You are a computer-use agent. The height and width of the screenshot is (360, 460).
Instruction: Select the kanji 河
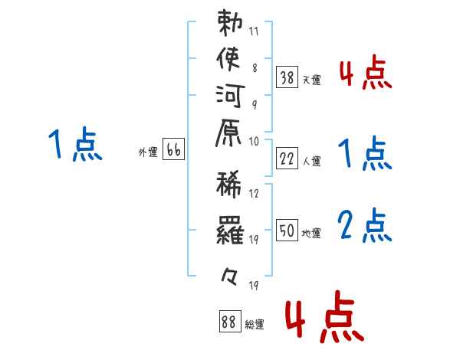tap(230, 96)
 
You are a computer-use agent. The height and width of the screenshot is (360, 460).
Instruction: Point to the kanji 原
tap(228, 133)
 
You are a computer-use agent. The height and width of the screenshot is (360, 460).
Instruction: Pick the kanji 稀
tap(229, 185)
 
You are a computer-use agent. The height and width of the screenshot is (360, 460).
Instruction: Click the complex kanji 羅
tap(230, 230)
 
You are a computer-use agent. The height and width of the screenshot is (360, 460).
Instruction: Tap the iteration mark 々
tap(229, 277)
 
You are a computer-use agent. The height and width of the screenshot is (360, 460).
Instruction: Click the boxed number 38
tap(287, 77)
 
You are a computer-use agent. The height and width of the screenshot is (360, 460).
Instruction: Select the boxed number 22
tap(287, 159)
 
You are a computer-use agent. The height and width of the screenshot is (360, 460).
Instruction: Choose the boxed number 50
tap(287, 230)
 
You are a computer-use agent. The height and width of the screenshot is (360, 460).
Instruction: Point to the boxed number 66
tap(173, 149)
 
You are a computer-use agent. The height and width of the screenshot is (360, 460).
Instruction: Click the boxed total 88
tap(230, 321)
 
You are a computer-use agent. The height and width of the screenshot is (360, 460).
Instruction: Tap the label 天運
tap(311, 80)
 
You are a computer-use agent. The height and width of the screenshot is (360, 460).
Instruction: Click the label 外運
tap(148, 152)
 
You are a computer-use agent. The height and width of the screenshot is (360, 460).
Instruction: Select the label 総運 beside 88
tap(255, 324)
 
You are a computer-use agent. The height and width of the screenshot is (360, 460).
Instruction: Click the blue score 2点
tap(365, 225)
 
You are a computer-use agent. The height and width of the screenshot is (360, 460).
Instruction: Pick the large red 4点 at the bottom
tap(325, 316)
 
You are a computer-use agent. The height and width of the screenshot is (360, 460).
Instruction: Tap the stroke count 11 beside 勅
tap(254, 31)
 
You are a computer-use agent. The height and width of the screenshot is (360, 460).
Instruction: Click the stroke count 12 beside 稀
tap(254, 194)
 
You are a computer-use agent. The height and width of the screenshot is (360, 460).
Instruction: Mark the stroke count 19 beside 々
tap(254, 285)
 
